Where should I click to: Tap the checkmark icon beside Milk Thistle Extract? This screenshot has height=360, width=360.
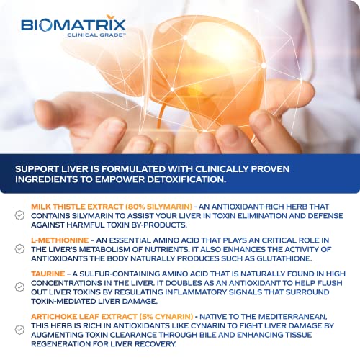(19, 206)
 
